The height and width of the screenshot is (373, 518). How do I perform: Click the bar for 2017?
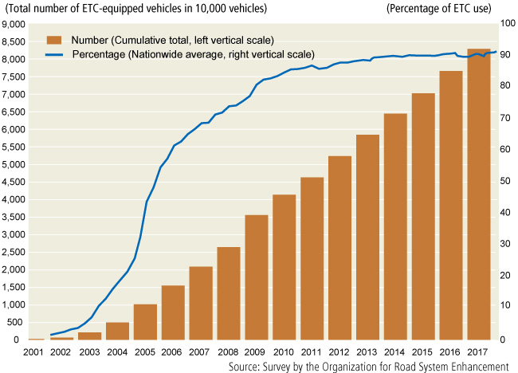pos(479,194)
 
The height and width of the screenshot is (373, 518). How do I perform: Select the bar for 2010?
pos(285,267)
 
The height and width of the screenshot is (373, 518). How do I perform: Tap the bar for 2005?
pos(145,322)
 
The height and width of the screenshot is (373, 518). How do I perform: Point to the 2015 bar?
pos(423,216)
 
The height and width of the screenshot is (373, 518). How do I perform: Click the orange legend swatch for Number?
pos(55,40)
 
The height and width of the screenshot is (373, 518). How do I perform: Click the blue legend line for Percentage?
pos(55,54)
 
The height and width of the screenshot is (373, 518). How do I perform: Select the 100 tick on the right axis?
pos(507,24)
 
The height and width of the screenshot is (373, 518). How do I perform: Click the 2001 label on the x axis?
pos(33,351)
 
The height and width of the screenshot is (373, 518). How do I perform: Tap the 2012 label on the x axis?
pos(340,351)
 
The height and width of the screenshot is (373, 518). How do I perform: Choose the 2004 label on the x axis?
pos(117,351)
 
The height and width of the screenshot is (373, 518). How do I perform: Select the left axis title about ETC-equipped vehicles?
pos(136,9)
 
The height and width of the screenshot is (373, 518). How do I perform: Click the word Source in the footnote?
pos(246,366)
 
